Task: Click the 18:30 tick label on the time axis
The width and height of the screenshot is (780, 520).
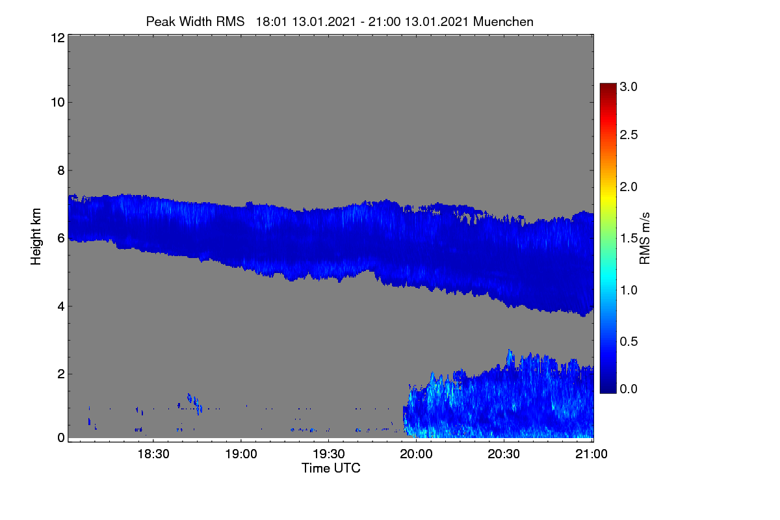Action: click(x=153, y=454)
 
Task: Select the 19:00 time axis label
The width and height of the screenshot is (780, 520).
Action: click(x=241, y=454)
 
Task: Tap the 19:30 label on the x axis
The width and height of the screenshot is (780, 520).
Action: click(x=329, y=454)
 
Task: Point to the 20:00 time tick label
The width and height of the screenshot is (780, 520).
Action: click(x=416, y=454)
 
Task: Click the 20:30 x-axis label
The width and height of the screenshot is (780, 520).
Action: click(x=504, y=454)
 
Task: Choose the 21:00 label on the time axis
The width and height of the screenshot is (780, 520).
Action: click(x=591, y=454)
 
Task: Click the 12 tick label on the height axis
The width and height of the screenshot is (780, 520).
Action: click(x=58, y=38)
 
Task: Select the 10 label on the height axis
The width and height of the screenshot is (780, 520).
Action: click(x=58, y=103)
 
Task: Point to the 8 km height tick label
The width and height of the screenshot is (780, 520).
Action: click(x=61, y=171)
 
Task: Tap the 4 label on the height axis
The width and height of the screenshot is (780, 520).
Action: click(x=61, y=307)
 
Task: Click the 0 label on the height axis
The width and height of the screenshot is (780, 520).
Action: click(x=61, y=438)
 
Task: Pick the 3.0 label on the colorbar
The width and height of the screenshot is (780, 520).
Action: click(x=629, y=86)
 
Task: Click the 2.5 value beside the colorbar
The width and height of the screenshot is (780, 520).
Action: click(x=629, y=135)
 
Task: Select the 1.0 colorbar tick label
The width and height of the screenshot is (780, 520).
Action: click(x=629, y=290)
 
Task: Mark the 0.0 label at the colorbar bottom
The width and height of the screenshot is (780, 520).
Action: click(x=629, y=389)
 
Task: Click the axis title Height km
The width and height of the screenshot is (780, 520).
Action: click(x=36, y=237)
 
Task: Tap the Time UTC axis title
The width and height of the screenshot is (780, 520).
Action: click(x=331, y=468)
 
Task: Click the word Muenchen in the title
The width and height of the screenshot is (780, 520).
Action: click(x=503, y=21)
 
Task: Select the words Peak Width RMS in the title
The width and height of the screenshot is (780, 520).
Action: click(x=196, y=21)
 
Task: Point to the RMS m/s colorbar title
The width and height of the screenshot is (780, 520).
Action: click(x=645, y=239)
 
